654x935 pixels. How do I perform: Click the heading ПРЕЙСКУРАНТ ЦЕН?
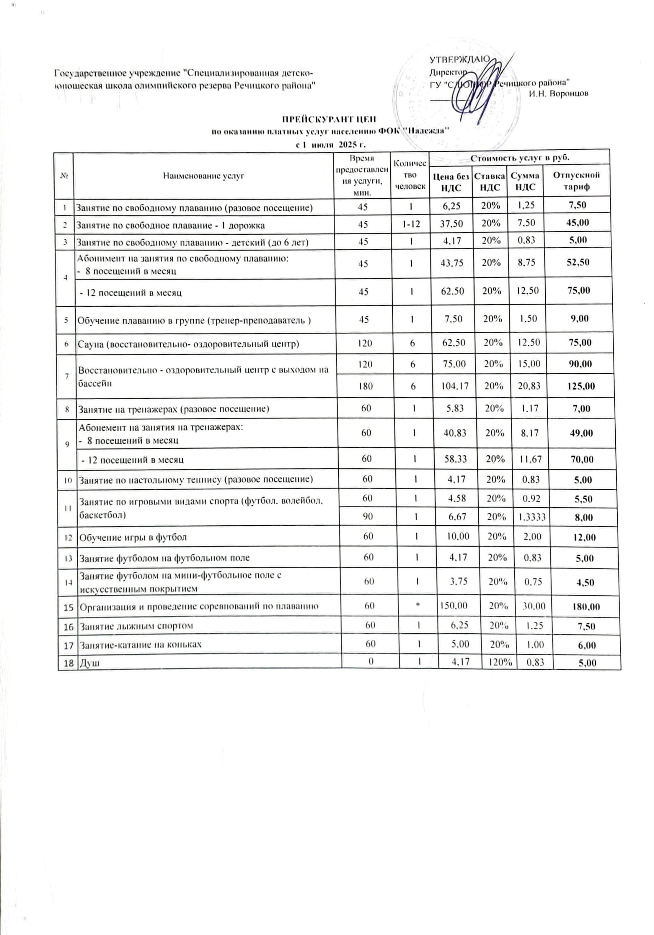click(329, 119)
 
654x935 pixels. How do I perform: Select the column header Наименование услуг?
click(203, 176)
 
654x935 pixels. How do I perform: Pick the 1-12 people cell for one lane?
click(411, 225)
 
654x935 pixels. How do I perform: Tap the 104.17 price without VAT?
click(452, 385)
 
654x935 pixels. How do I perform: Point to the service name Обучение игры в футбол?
click(133, 537)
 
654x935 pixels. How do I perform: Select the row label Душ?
click(89, 663)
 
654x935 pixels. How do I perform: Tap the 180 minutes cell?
click(366, 386)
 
